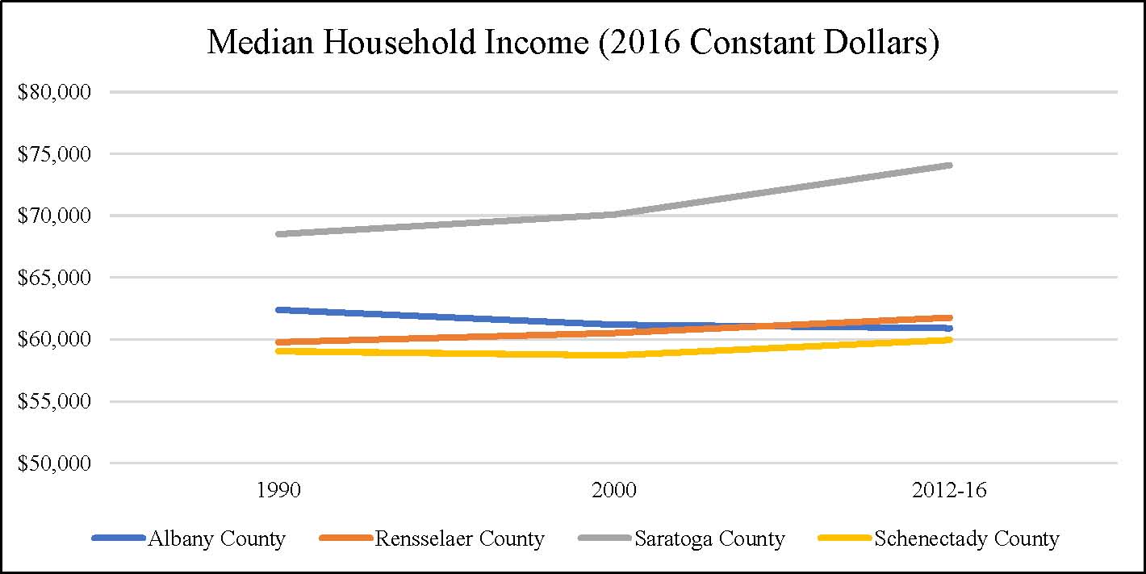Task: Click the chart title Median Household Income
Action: click(x=573, y=42)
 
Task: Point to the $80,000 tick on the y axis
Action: click(x=54, y=92)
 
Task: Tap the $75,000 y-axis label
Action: click(x=54, y=154)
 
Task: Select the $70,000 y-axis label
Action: click(x=54, y=216)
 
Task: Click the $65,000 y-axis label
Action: click(x=54, y=278)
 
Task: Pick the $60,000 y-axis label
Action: click(x=54, y=340)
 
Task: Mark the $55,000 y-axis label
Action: click(x=54, y=401)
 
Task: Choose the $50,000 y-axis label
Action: click(x=54, y=463)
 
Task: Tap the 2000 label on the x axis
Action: click(x=614, y=490)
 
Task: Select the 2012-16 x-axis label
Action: click(x=950, y=490)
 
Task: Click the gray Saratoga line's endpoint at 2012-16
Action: click(x=950, y=165)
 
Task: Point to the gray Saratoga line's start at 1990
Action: click(x=278, y=234)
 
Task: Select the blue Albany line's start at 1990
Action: click(x=278, y=309)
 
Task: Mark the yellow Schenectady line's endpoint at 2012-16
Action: click(x=950, y=340)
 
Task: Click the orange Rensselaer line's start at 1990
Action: click(x=278, y=342)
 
